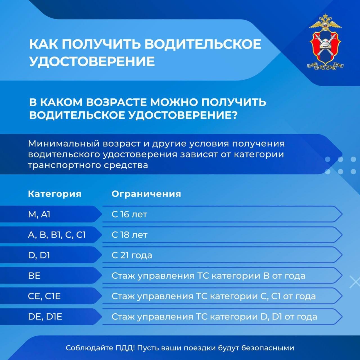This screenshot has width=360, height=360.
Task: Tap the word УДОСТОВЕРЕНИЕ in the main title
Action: pyautogui.click(x=92, y=61)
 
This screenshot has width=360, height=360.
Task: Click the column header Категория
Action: pyautogui.click(x=55, y=194)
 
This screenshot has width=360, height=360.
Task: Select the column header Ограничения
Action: pyautogui.click(x=146, y=194)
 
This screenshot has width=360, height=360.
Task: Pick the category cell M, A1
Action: pyautogui.click(x=39, y=214)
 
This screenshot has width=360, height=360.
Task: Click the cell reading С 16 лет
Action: pyautogui.click(x=129, y=214)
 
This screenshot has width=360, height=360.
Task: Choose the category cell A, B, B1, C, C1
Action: pyautogui.click(x=57, y=235)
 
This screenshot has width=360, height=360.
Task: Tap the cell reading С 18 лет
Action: pyautogui.click(x=129, y=235)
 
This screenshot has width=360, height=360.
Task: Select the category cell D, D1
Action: pyautogui.click(x=39, y=255)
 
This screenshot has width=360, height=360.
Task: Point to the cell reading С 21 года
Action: pyautogui.click(x=132, y=255)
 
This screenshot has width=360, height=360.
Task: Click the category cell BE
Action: pyautogui.click(x=34, y=276)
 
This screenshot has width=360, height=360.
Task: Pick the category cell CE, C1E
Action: pyautogui.click(x=44, y=296)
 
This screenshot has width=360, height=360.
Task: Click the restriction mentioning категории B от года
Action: pyautogui.click(x=208, y=276)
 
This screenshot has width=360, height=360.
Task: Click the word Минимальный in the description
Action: pyautogui.click(x=64, y=144)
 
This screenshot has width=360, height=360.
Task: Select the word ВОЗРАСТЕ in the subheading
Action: pyautogui.click(x=116, y=102)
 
